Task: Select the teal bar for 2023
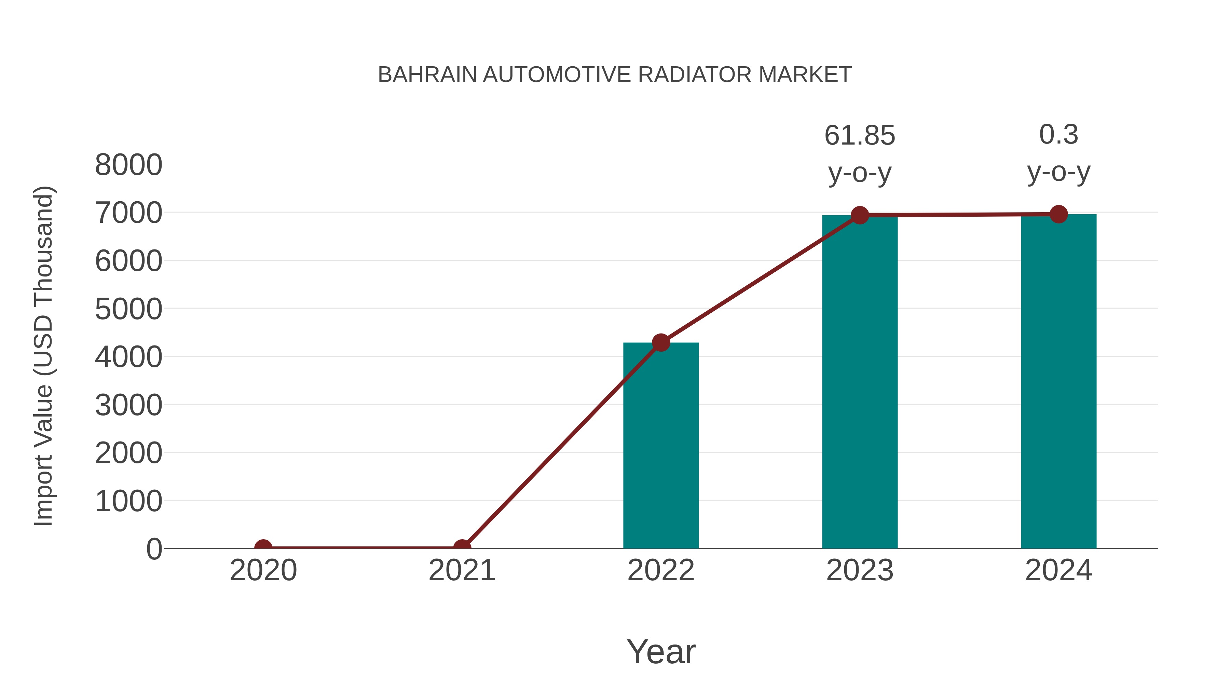[860, 382]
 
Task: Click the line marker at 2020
[263, 547]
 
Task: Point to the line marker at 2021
[462, 547]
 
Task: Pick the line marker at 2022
[661, 342]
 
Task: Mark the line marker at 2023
[860, 215]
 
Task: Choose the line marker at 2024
[1058, 214]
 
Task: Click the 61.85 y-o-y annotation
[860, 154]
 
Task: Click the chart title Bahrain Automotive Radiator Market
[615, 75]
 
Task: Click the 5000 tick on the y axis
[128, 309]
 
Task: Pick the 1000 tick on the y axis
[128, 501]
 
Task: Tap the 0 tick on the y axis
[154, 549]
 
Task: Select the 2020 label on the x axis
[263, 570]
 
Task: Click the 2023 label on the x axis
[860, 570]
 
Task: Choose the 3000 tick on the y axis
[128, 405]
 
